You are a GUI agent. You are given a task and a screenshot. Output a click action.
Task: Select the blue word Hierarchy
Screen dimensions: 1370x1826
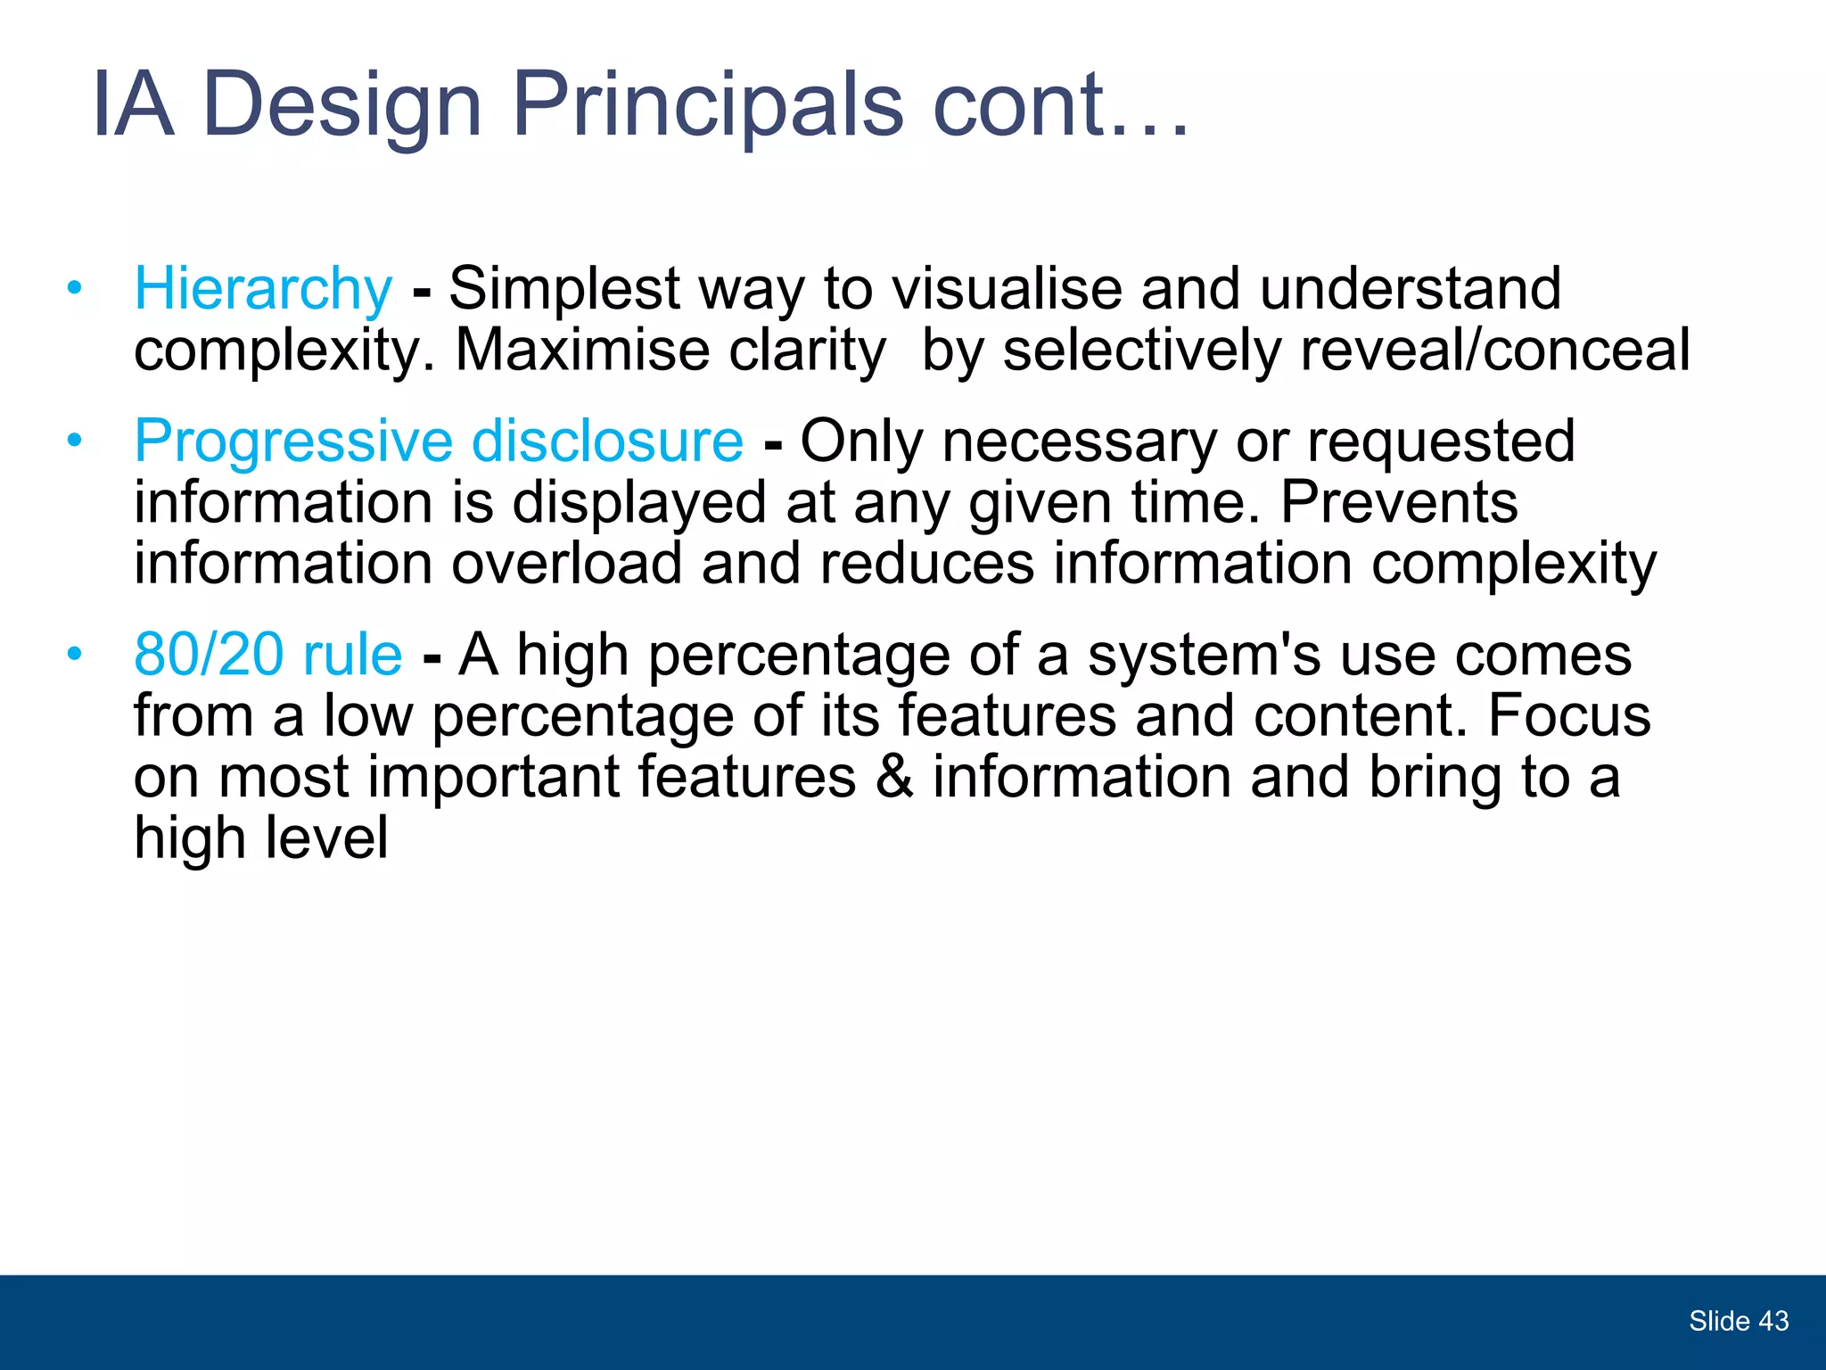[x=263, y=290]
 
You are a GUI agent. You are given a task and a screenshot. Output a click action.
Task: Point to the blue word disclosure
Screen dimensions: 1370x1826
[x=606, y=441]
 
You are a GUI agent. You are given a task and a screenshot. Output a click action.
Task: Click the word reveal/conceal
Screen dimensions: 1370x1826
[x=1494, y=350]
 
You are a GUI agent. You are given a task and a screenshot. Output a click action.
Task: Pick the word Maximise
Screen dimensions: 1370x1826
[x=581, y=350]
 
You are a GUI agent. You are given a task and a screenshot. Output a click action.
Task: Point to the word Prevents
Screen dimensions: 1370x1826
[x=1398, y=502]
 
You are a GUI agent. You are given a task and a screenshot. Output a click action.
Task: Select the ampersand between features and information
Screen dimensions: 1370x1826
[x=894, y=777]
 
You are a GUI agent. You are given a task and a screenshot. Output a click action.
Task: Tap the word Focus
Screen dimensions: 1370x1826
[x=1568, y=715]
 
